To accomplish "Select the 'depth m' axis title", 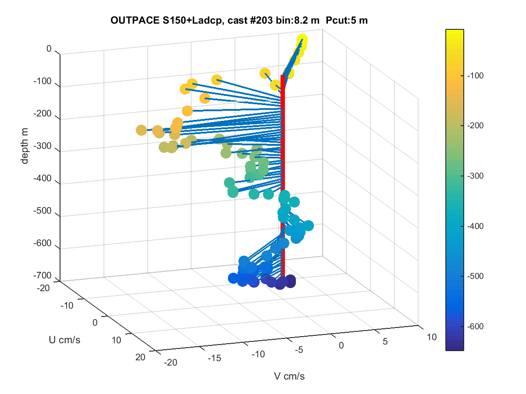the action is (x=25, y=146).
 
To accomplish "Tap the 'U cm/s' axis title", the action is (x=64, y=340).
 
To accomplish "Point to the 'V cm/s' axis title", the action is (x=289, y=376).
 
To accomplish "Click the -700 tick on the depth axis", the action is (x=42, y=275).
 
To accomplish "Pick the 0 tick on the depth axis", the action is (x=49, y=49).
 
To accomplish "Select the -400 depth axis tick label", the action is (x=42, y=178).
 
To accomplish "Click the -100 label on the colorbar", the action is (x=475, y=76).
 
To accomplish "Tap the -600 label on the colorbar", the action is (x=475, y=326).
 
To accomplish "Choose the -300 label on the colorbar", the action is (x=475, y=176).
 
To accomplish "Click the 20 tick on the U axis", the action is (x=140, y=357).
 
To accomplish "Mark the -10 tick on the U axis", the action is (x=67, y=306).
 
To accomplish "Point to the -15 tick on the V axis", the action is (x=214, y=358).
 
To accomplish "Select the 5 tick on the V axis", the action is (x=385, y=341).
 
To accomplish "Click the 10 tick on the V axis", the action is (x=432, y=337).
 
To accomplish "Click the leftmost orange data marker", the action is (x=141, y=130).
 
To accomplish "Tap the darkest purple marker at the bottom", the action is (x=291, y=281).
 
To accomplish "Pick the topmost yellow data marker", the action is (x=302, y=39).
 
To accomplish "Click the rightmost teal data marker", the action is (x=308, y=225).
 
